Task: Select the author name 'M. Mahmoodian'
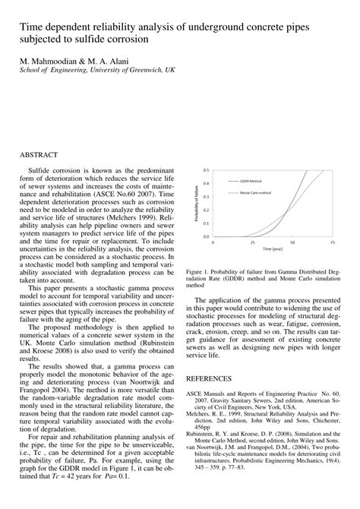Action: (x=46, y=59)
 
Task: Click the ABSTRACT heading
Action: (x=42, y=153)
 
